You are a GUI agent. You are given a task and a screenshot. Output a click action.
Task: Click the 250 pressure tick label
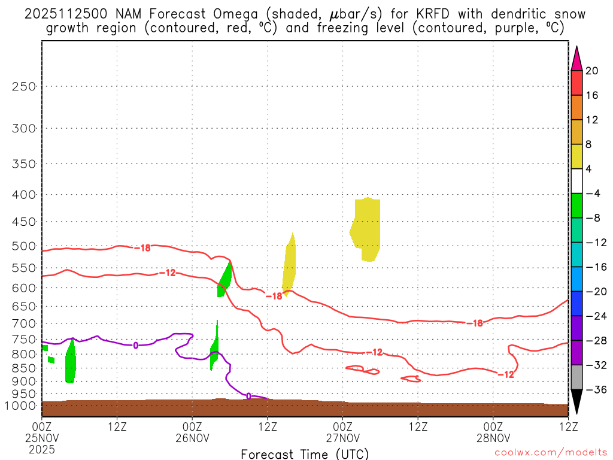point(24,86)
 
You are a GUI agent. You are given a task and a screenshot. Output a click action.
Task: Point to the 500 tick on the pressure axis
point(24,246)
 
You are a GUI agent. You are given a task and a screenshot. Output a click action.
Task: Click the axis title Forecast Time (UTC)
point(305,453)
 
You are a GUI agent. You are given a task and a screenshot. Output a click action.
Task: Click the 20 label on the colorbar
point(592,71)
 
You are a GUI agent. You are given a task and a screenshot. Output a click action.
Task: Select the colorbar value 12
point(592,120)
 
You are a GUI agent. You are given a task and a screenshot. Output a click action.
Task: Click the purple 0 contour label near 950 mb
point(248,396)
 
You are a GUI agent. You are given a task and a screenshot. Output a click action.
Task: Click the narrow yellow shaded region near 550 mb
point(290,264)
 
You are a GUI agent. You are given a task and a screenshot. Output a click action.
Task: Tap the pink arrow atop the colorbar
point(576,58)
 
